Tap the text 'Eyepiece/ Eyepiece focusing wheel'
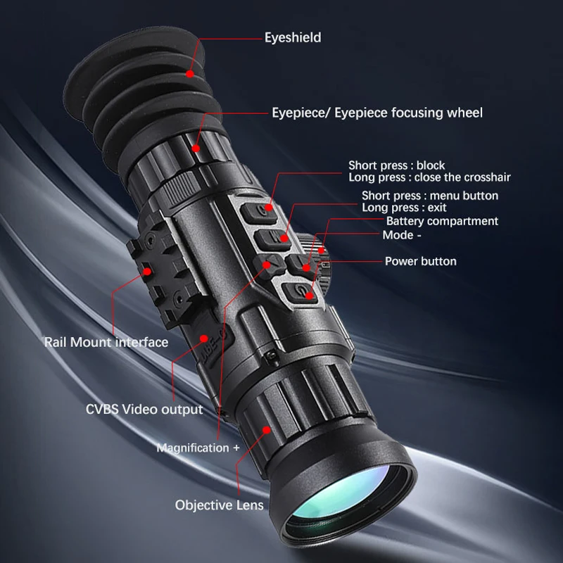tap(377, 113)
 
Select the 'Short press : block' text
tap(397, 165)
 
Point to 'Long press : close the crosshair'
tap(429, 177)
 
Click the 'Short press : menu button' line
tap(429, 196)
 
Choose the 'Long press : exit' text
tap(404, 208)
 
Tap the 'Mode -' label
tap(398, 234)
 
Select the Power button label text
tap(420, 261)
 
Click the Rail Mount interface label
tap(106, 342)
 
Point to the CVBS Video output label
tap(144, 409)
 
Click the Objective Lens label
tap(220, 505)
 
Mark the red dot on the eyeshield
tap(191, 72)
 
